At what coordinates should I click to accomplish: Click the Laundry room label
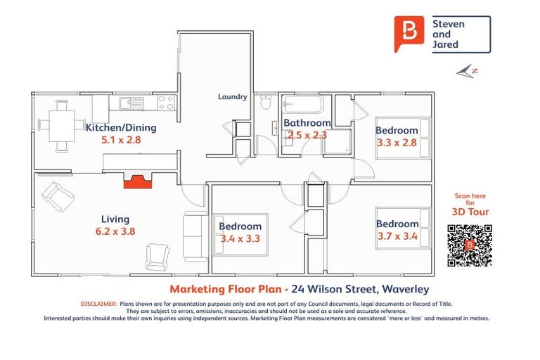tap(232, 97)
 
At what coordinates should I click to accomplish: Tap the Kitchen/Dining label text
tap(121, 128)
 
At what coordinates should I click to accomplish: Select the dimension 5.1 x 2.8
tap(121, 140)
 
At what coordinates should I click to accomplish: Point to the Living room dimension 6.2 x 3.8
tap(114, 231)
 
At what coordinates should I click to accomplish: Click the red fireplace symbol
tap(138, 181)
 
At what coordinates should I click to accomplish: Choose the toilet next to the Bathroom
tap(266, 103)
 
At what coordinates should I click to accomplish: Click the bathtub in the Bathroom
tap(302, 106)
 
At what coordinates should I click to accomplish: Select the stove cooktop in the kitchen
tap(166, 103)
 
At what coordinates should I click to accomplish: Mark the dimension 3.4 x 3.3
tap(240, 238)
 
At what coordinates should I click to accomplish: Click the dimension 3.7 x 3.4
tap(397, 236)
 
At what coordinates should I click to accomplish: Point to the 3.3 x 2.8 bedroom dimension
tap(397, 143)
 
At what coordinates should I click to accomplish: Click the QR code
tap(469, 245)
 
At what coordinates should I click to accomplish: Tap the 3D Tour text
tap(470, 212)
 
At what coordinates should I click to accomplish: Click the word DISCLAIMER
tap(98, 304)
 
